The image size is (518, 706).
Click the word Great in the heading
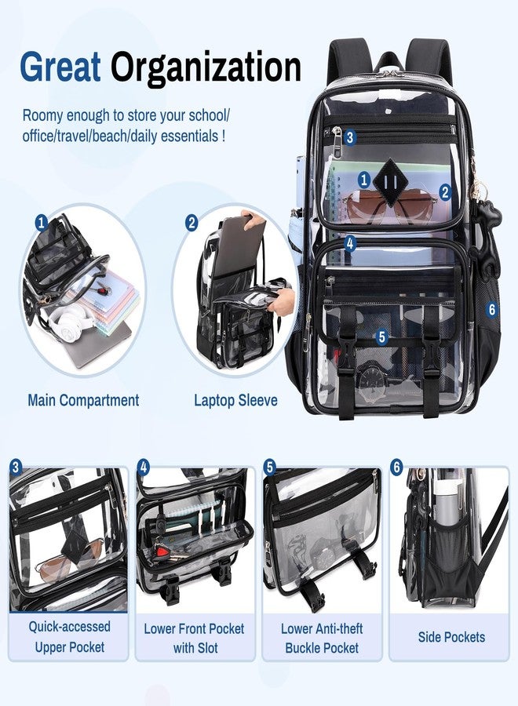60,67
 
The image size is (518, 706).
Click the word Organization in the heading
206,68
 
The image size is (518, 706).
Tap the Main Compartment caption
83,400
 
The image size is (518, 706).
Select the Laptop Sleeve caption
235,400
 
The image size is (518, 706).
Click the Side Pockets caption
451,637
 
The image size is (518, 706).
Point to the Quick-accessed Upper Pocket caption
69,637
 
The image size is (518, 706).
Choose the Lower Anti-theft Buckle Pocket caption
322,638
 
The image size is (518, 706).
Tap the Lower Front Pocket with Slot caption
194,639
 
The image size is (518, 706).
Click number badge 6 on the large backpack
491,309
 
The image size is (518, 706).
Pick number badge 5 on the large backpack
382,337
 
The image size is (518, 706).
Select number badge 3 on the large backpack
350,136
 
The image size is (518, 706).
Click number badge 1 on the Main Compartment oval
42,223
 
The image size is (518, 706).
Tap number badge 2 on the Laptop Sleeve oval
192,223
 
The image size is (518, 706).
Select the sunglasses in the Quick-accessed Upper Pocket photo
67,559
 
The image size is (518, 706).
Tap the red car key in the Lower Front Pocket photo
161,552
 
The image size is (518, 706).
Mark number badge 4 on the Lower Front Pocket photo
143,468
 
